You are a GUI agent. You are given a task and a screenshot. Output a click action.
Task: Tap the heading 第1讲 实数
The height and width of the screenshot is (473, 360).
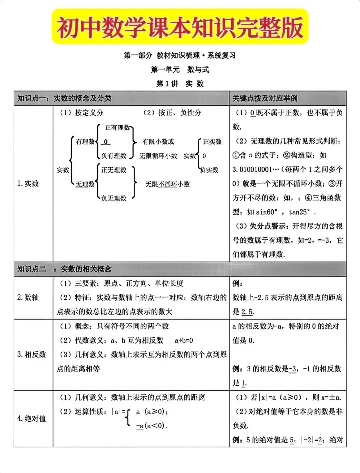pyautogui.click(x=180, y=84)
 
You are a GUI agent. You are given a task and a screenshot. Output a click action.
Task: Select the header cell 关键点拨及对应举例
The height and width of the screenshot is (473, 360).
pyautogui.click(x=265, y=98)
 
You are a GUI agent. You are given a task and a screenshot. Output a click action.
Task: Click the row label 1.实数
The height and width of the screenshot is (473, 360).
pyautogui.click(x=28, y=183)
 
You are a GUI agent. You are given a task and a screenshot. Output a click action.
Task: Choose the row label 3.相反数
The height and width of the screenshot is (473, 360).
pyautogui.click(x=31, y=354)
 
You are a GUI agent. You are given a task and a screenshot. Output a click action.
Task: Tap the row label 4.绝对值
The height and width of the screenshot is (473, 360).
pyautogui.click(x=31, y=418)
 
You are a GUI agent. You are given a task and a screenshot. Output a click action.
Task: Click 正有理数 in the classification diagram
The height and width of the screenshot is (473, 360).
pyautogui.click(x=117, y=128)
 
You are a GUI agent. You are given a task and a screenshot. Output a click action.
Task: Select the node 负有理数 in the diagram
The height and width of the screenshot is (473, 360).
pyautogui.click(x=114, y=156)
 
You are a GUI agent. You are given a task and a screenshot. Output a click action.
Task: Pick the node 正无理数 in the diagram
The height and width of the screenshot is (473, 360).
pyautogui.click(x=114, y=170)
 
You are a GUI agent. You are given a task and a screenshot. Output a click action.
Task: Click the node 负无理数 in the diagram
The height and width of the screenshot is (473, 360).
pyautogui.click(x=114, y=198)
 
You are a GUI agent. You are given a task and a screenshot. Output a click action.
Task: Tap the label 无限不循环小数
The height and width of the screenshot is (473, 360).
pyautogui.click(x=167, y=184)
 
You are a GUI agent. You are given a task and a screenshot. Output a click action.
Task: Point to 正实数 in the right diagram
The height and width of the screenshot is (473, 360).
pyautogui.click(x=212, y=142)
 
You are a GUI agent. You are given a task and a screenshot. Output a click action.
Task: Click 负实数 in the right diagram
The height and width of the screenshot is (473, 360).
pyautogui.click(x=209, y=170)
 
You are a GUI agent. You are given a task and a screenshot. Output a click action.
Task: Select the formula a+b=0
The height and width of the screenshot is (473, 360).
pyautogui.click(x=184, y=340)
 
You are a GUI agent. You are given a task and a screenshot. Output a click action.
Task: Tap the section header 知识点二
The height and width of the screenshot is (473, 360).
pyautogui.click(x=31, y=269)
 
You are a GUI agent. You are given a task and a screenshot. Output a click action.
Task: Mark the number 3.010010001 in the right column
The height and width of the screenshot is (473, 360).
pyautogui.click(x=252, y=169)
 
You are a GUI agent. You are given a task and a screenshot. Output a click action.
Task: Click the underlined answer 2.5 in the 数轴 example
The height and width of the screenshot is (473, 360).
pyautogui.click(x=247, y=312)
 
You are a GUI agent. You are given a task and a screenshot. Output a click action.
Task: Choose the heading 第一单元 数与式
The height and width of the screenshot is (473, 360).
pyautogui.click(x=180, y=70)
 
